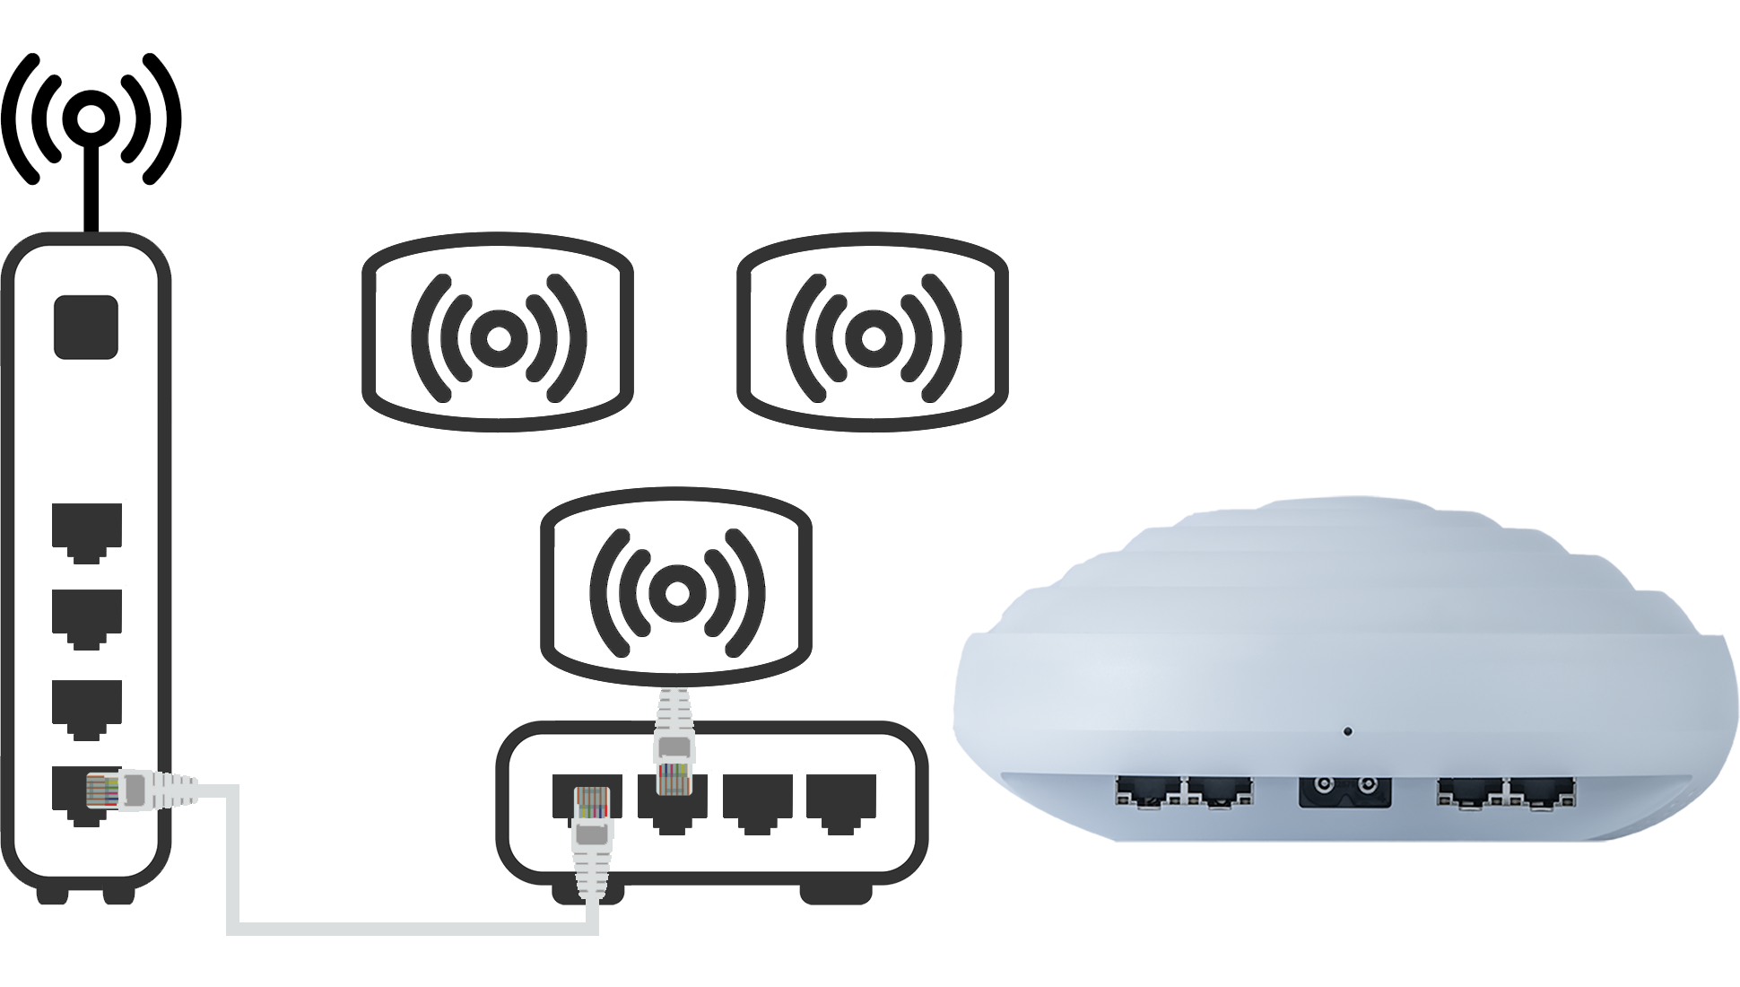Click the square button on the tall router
pyautogui.click(x=86, y=327)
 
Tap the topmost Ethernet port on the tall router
pyautogui.click(x=86, y=531)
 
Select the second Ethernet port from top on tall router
pyautogui.click(x=86, y=617)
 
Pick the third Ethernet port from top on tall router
pyautogui.click(x=86, y=705)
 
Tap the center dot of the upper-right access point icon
pyautogui.click(x=873, y=337)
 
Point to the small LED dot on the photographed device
pyautogui.click(x=1348, y=731)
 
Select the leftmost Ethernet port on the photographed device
pyautogui.click(x=1147, y=791)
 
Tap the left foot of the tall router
pyautogui.click(x=50, y=895)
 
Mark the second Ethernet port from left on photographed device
pyautogui.click(x=1219, y=791)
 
